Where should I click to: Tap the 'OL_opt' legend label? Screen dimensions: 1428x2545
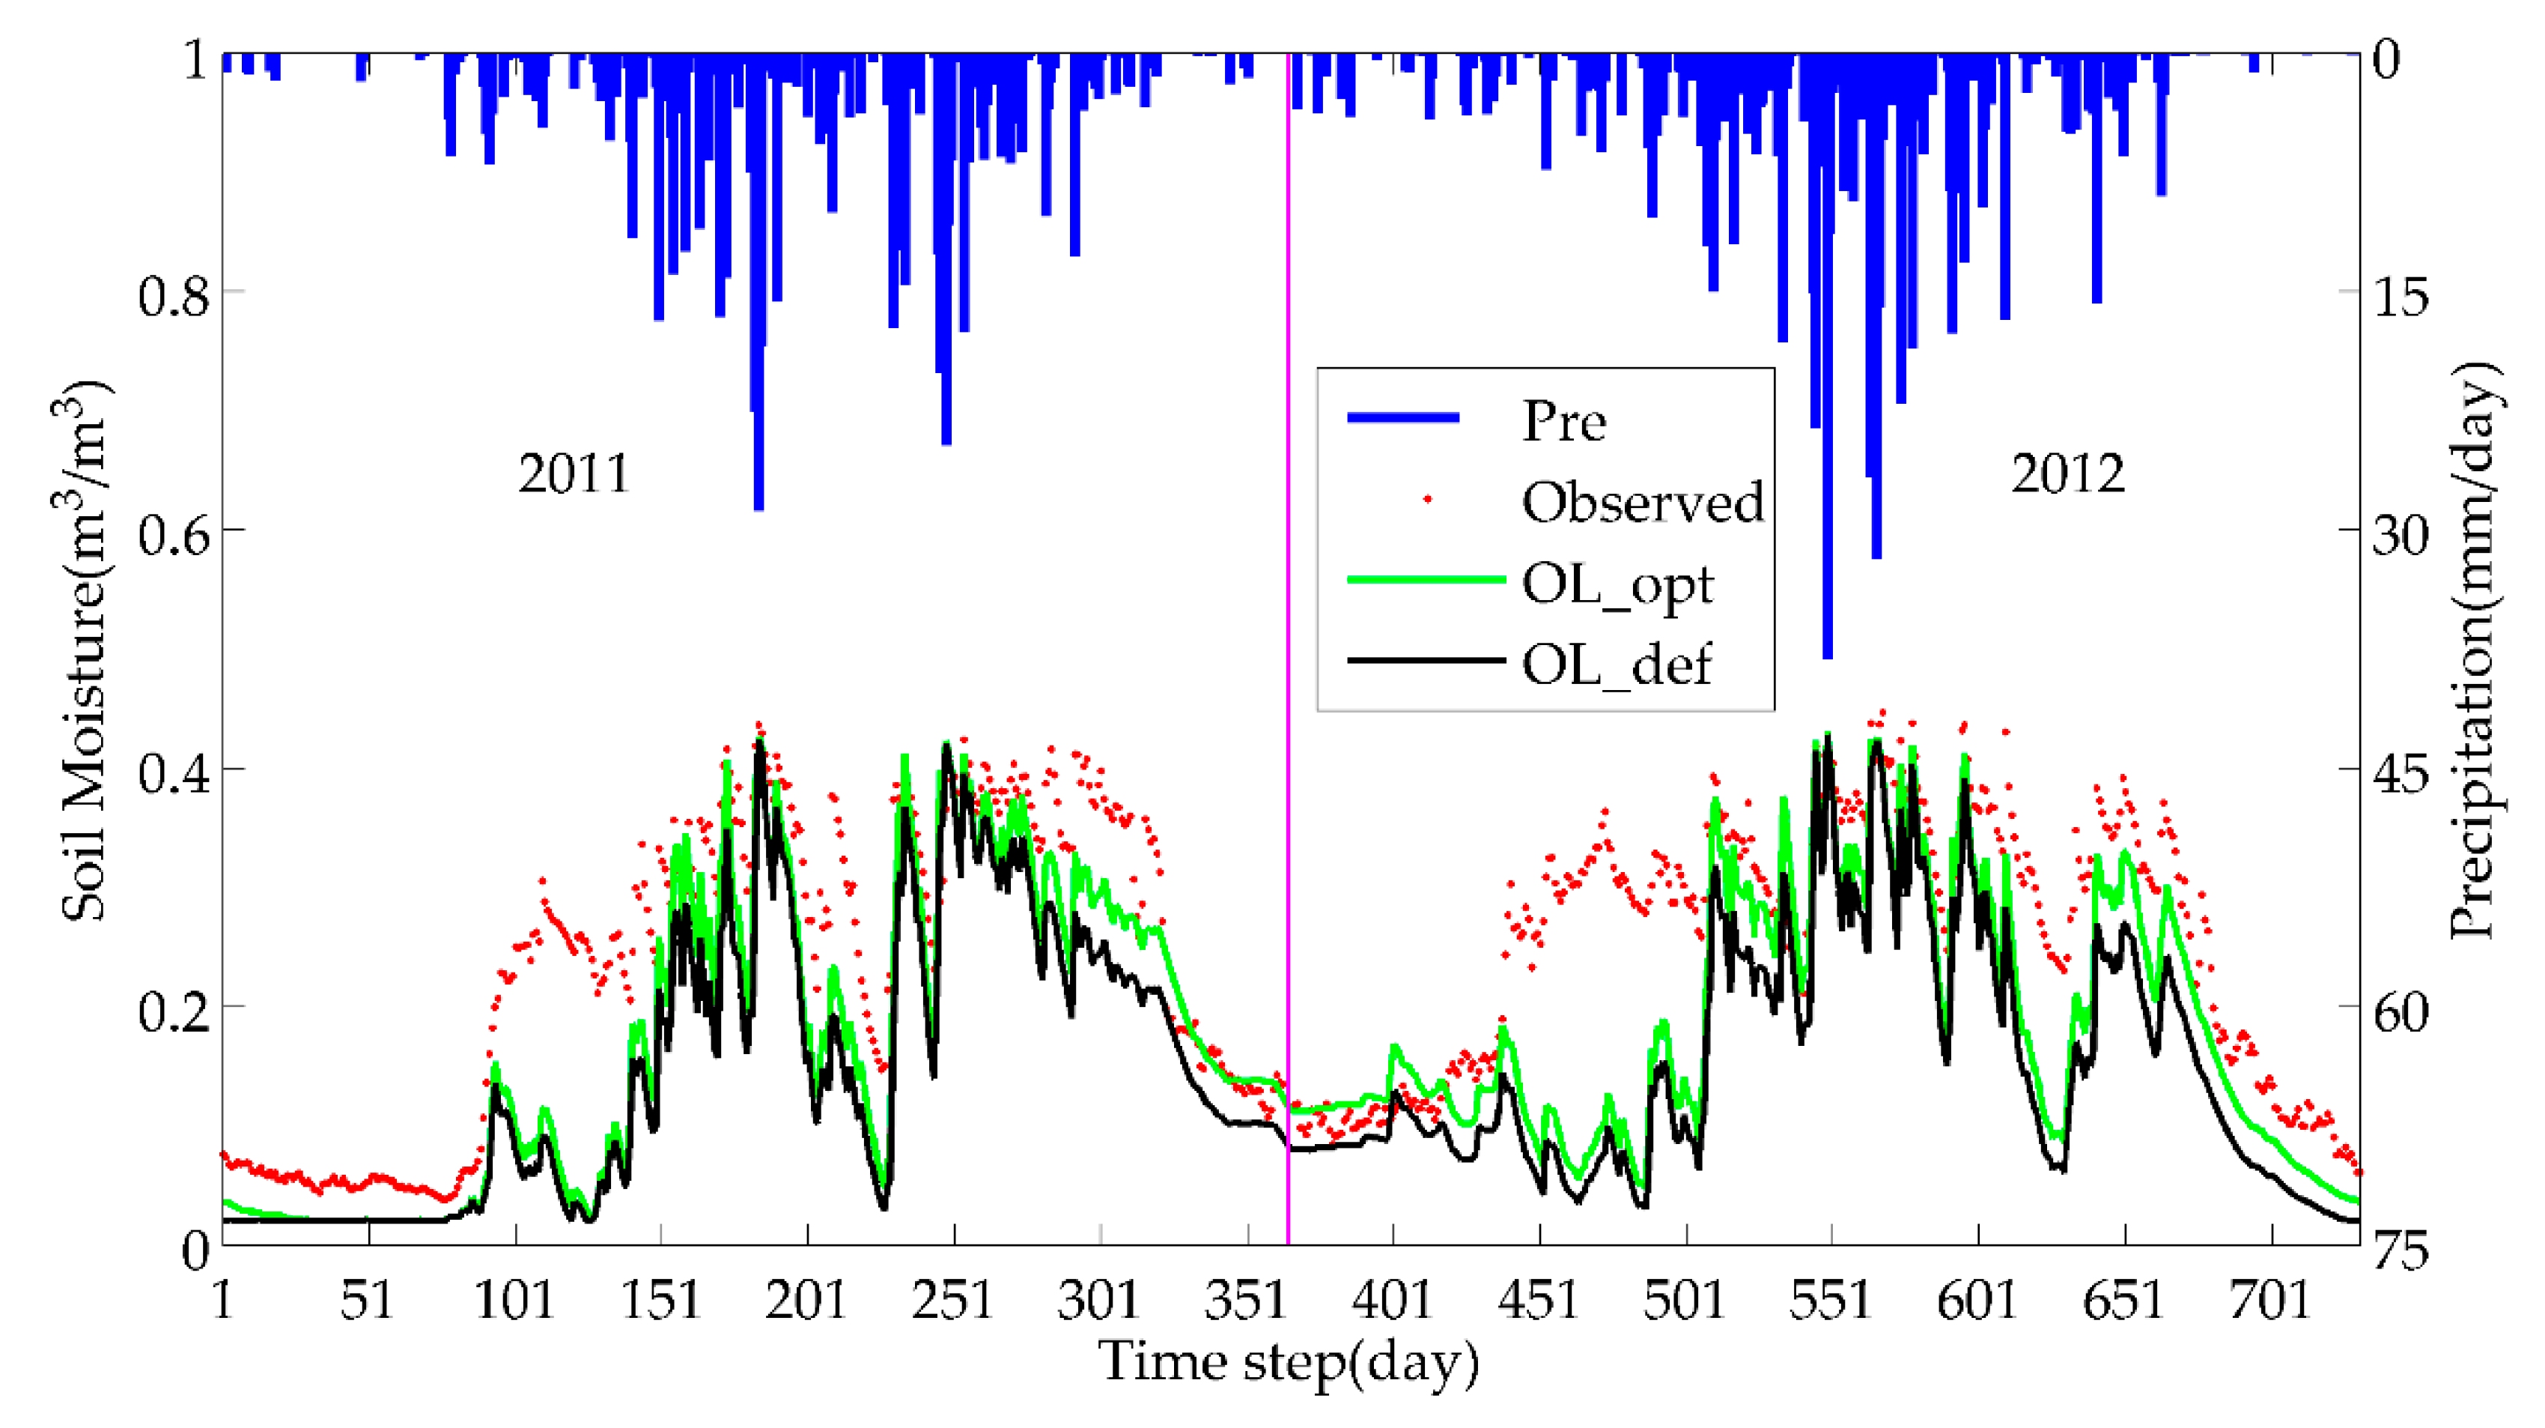coord(1617,585)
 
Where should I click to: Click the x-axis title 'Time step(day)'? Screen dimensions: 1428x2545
coord(1289,1363)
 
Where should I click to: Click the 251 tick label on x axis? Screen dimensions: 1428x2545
coord(952,1300)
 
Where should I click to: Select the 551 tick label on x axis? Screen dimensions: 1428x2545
coord(1831,1300)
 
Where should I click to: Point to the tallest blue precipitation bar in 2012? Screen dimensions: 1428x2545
coord(1828,396)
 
